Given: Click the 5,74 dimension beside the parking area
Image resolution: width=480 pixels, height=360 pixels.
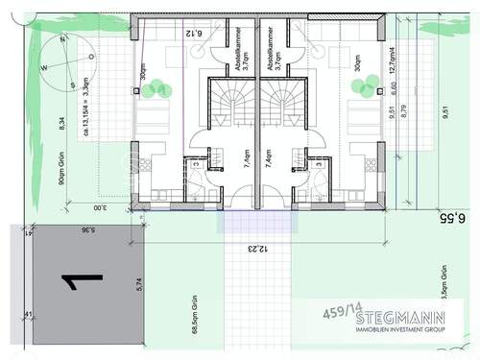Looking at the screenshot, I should (x=138, y=284).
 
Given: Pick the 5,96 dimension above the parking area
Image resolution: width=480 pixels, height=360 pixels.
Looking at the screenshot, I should (x=87, y=230).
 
